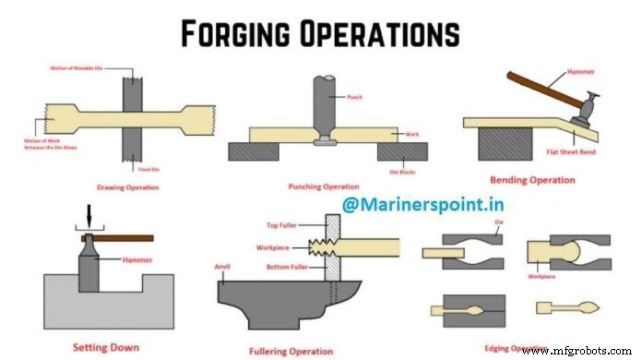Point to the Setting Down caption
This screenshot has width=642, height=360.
pos(106,347)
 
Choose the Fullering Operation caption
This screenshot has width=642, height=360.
pos(292,351)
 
